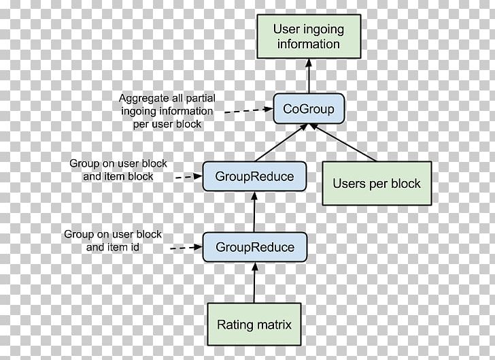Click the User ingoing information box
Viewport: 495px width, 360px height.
309,37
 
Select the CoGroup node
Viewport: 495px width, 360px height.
309,109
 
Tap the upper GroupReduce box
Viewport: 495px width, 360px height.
254,176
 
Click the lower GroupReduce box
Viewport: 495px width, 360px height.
254,246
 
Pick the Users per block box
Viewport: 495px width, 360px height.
376,183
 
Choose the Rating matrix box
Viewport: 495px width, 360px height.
254,325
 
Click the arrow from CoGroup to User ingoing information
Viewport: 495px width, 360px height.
309,76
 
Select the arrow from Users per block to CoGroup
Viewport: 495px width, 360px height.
347,143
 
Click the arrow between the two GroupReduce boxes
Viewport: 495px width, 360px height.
254,212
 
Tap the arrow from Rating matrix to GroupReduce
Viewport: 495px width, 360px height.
254,282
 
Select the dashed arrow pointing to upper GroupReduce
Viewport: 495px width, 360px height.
187,177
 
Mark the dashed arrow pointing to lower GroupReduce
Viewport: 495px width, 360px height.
186,248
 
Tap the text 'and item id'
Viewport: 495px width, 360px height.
113,246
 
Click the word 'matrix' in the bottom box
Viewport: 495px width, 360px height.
273,325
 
